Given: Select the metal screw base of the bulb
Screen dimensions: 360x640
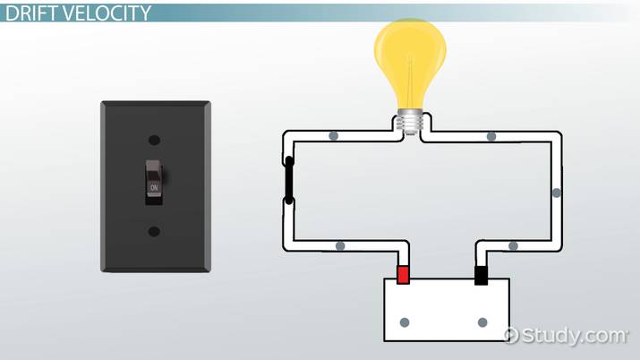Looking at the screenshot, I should coord(411,123).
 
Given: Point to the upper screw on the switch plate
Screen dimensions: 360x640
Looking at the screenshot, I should coord(154,141).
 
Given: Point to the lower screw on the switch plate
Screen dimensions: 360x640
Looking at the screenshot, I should coord(154,231).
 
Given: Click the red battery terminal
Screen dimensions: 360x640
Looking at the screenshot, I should coord(404,274).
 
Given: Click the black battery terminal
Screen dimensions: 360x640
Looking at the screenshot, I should coord(481,274).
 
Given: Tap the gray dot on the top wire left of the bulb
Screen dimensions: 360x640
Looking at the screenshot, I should coord(333,137).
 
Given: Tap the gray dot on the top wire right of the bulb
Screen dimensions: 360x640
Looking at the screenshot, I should coord(491,137).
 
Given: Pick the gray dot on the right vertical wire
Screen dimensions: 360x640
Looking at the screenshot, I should coord(557,192).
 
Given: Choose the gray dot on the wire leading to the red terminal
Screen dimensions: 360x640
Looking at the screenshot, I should coord(340,245).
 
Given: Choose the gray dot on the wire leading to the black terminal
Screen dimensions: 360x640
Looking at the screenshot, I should coord(513,245).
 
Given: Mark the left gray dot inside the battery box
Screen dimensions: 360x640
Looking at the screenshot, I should coord(405,321).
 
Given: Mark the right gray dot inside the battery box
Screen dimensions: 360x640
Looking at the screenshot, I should coord(482,321).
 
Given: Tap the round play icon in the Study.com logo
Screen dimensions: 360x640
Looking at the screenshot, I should coord(512,336).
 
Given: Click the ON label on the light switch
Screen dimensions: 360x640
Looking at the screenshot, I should coord(154,187).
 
